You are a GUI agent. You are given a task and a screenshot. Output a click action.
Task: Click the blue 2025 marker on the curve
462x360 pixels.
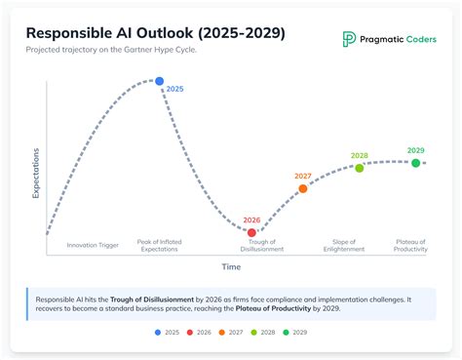[160, 81]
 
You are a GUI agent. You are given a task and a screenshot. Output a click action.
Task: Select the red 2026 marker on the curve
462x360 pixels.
[251, 232]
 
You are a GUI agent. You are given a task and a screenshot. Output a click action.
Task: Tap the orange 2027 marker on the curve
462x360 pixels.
[303, 188]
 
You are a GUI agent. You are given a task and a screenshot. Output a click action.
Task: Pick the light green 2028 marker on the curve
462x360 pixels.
[359, 168]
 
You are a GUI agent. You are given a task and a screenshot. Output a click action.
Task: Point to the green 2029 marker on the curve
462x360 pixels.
[415, 163]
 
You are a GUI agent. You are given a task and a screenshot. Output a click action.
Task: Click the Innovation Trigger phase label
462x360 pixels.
[93, 245]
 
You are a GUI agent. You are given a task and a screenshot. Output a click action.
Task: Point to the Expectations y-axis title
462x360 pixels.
[36, 174]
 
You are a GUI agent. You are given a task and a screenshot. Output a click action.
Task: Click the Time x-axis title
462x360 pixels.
[231, 266]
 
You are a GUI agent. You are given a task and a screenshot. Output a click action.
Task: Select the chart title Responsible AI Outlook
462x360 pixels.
[155, 34]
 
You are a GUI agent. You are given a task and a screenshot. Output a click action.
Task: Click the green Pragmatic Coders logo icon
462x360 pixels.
[349, 39]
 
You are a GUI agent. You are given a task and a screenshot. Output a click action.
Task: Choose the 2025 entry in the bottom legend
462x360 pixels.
[167, 333]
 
